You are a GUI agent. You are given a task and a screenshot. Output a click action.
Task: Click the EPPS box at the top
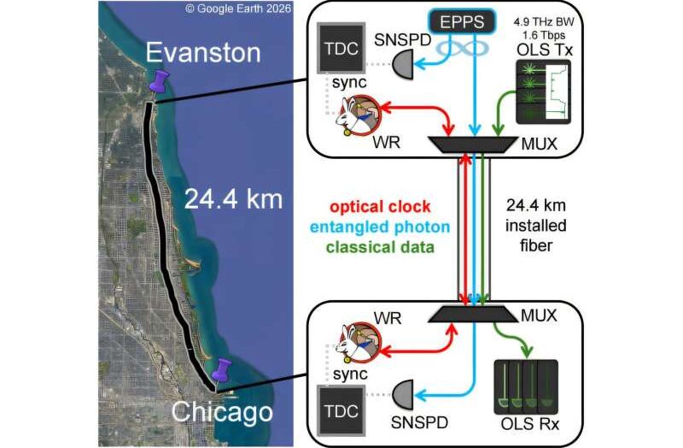(462, 21)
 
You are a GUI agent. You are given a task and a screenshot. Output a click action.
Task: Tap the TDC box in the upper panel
(341, 48)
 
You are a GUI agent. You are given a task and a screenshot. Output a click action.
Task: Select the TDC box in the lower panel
(341, 411)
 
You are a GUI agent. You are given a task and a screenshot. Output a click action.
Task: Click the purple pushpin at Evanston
(159, 82)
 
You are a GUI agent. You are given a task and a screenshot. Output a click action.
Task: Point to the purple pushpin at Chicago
(222, 370)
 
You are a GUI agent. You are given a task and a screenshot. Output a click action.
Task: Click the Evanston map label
(203, 53)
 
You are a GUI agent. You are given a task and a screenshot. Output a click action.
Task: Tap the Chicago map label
(222, 412)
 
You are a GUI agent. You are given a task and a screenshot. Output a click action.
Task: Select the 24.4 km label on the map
(233, 199)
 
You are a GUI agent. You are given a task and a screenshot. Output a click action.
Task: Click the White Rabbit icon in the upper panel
(358, 115)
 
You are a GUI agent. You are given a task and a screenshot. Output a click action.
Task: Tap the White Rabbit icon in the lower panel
(358, 343)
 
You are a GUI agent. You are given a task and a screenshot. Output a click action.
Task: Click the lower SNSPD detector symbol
(403, 394)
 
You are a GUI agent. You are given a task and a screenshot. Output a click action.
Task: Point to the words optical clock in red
(380, 207)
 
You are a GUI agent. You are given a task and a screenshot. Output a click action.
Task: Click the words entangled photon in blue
(380, 227)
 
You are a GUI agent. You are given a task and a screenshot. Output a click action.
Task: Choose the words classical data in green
(380, 247)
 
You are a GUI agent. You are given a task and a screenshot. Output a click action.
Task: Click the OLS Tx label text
(545, 50)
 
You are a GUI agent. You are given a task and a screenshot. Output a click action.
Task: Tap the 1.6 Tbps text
(545, 35)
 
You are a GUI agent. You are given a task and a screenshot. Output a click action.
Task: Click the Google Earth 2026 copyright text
(238, 9)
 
